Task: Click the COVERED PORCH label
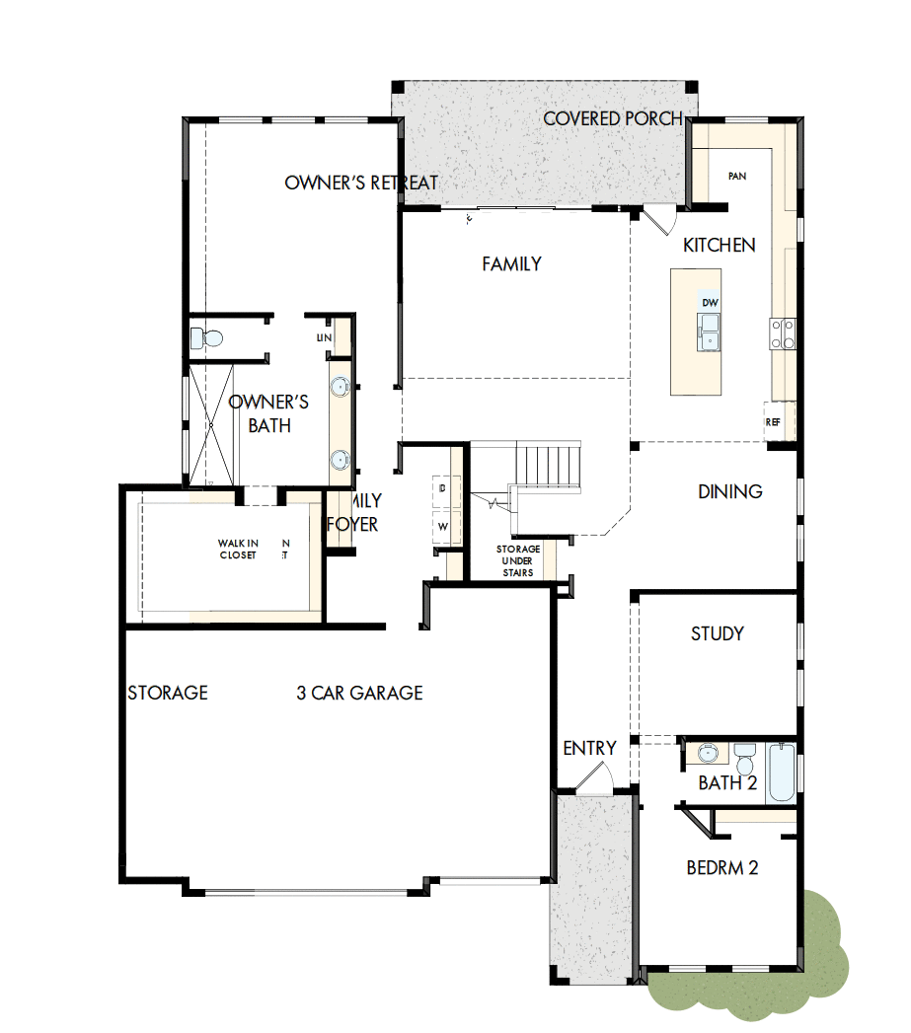[612, 119]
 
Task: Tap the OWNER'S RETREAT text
[361, 184]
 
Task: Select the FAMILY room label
[511, 264]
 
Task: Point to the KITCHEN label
[720, 246]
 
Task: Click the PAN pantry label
[736, 176]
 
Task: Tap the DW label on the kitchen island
[710, 302]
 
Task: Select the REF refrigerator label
[773, 421]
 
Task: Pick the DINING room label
[730, 491]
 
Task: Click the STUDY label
[718, 633]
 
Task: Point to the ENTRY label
[589, 749]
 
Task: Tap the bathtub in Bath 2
[781, 773]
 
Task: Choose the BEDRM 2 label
[722, 868]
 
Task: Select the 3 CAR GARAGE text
[359, 694]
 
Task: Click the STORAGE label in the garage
[168, 694]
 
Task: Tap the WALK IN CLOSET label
[238, 549]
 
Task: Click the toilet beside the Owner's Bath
[208, 338]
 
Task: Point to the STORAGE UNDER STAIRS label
[517, 560]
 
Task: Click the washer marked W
[442, 527]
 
